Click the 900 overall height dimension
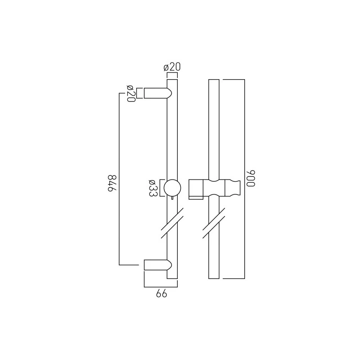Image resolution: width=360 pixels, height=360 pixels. tap(251, 178)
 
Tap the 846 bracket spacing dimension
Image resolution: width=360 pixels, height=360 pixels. tap(112, 183)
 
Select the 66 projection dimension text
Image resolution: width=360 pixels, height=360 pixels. tap(162, 294)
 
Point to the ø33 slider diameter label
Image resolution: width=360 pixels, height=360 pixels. tap(153, 188)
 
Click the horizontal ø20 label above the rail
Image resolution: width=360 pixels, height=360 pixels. tap(172, 67)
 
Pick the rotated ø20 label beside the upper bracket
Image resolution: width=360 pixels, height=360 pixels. tap(130, 94)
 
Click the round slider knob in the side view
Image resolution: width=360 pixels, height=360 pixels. tap(172, 188)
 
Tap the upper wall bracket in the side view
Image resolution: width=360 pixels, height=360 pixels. tap(158, 93)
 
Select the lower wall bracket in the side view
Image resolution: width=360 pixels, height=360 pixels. tap(158, 265)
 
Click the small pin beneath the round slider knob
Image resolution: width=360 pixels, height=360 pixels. tap(172, 198)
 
